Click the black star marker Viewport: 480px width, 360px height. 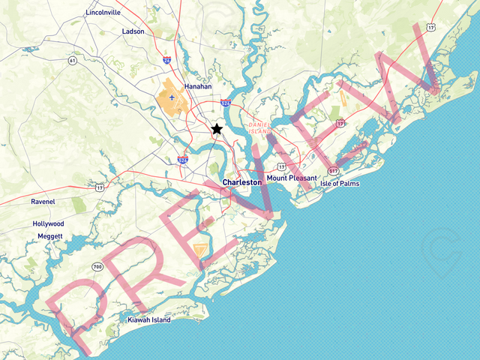pos(217,129)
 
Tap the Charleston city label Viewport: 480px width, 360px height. pos(242,182)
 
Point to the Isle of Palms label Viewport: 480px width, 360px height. pos(340,183)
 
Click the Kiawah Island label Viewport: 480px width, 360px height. pos(148,319)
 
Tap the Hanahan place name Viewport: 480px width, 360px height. pos(198,86)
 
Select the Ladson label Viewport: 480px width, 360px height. pos(133,31)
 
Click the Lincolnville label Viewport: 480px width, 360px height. pos(103,13)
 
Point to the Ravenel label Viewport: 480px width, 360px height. pos(43,202)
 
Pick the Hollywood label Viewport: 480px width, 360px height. pos(48,223)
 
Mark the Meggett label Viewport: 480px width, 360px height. pos(50,236)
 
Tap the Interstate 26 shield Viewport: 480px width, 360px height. pos(166,58)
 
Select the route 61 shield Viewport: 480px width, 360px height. pos(72,60)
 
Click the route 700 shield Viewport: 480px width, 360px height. pos(97,266)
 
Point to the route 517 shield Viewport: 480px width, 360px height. pos(332,170)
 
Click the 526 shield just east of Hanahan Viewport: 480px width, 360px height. pos(226,103)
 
